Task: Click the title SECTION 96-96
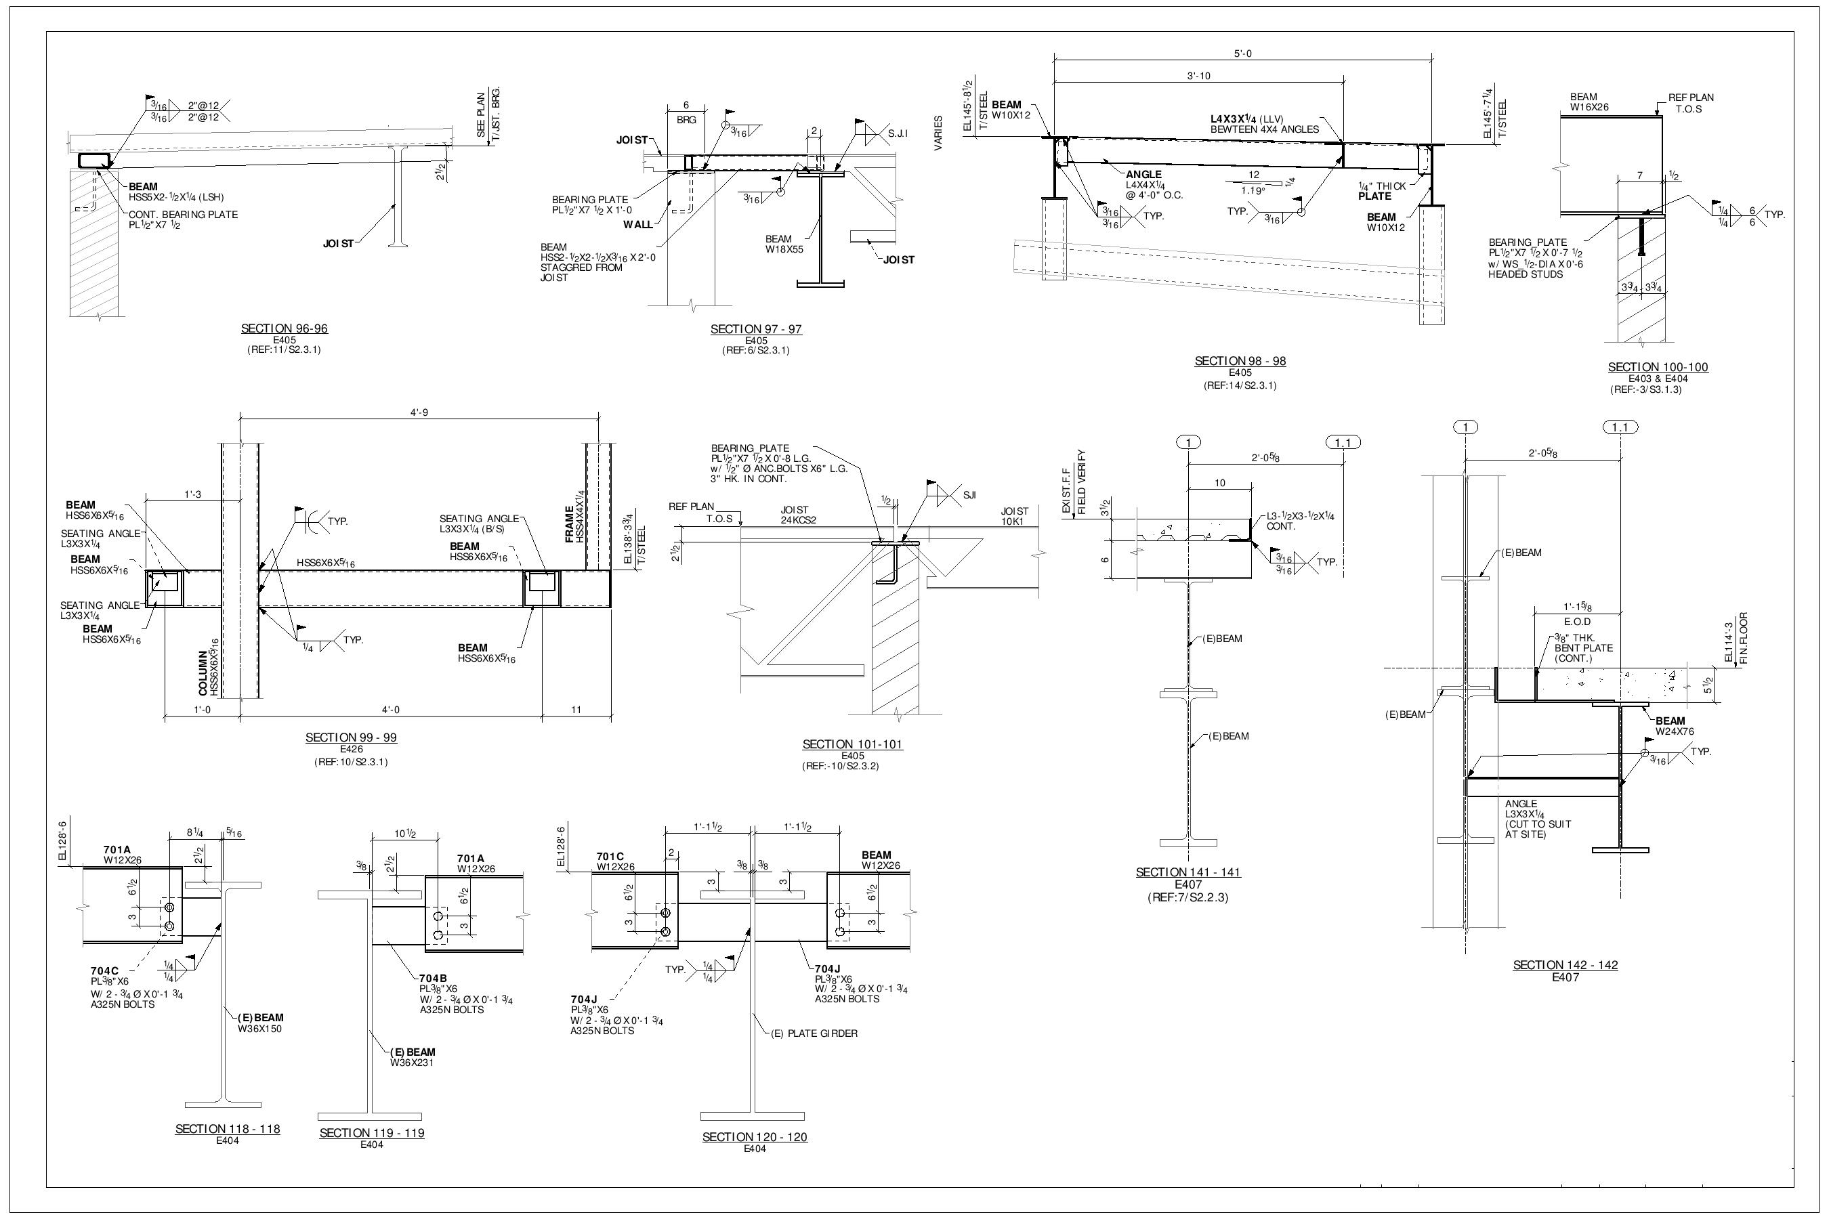(284, 329)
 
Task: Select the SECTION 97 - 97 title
(756, 330)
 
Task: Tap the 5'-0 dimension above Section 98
(1242, 54)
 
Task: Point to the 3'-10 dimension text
(1198, 76)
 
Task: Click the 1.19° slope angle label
(1253, 190)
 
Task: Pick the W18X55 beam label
(784, 249)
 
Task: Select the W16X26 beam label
(1589, 107)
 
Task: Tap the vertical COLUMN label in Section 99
(204, 673)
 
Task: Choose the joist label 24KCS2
(799, 520)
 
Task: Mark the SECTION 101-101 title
(852, 745)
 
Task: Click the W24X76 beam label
(1675, 731)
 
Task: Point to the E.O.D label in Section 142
(1577, 622)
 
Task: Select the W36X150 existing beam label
(259, 1029)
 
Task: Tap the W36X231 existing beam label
(412, 1062)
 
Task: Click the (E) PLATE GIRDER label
(814, 1033)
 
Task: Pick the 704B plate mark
(432, 979)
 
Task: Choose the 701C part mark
(610, 857)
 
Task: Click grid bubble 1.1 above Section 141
(1343, 443)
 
